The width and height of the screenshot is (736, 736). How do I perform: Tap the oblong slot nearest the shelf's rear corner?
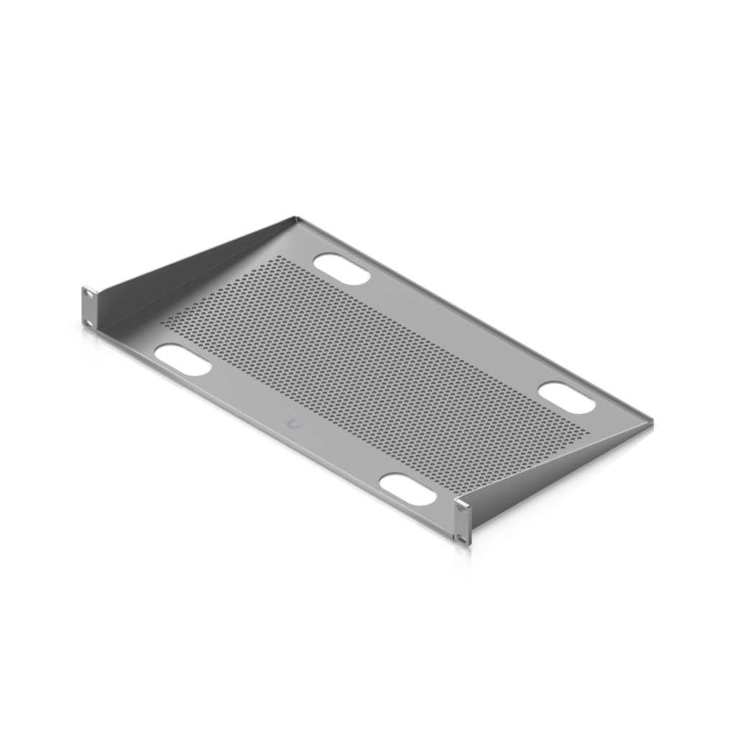click(x=342, y=267)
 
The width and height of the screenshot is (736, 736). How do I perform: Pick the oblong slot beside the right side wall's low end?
click(x=567, y=397)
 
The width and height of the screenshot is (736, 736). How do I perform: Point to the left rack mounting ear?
click(x=88, y=305)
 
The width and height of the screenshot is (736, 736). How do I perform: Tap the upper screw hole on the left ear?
click(x=88, y=293)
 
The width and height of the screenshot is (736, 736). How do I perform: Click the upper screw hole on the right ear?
click(x=461, y=509)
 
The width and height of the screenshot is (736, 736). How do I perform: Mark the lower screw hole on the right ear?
click(x=461, y=538)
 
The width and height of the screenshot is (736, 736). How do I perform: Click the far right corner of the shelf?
click(x=655, y=424)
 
